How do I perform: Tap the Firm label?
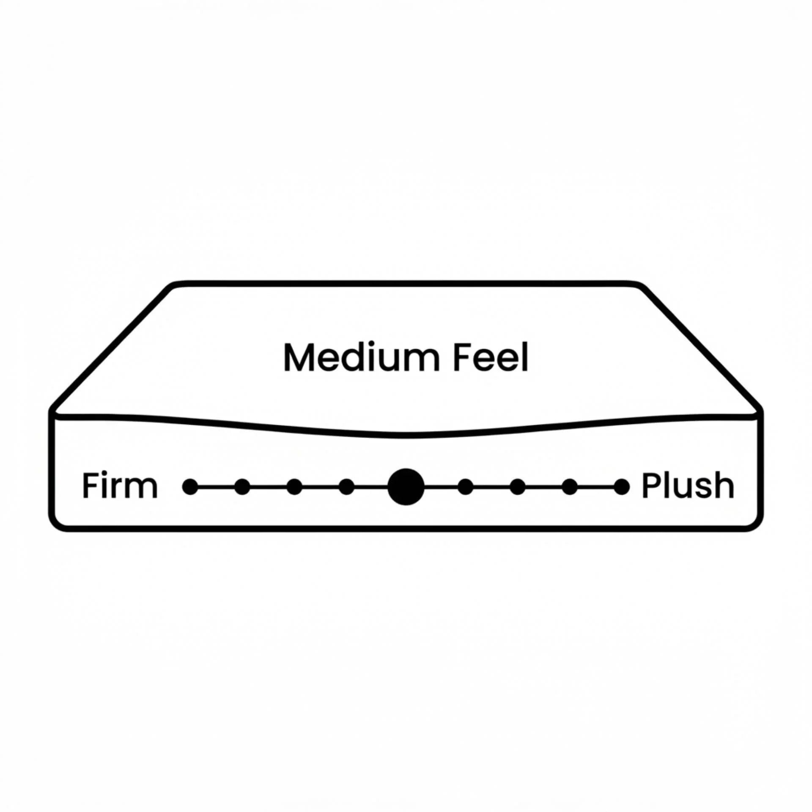[120, 486]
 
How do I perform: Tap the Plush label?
[688, 486]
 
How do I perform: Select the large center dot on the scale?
[406, 487]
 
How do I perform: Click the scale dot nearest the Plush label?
[622, 487]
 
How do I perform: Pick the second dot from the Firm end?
[242, 487]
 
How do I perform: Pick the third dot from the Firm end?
[294, 487]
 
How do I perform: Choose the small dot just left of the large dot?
[347, 487]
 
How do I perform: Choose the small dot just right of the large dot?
[466, 487]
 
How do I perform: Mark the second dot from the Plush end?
[570, 487]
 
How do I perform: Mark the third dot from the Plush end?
[518, 487]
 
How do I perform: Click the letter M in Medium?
[297, 358]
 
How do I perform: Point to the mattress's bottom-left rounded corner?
[58, 523]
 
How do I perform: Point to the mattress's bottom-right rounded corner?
[754, 523]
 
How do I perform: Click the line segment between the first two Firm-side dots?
[216, 487]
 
